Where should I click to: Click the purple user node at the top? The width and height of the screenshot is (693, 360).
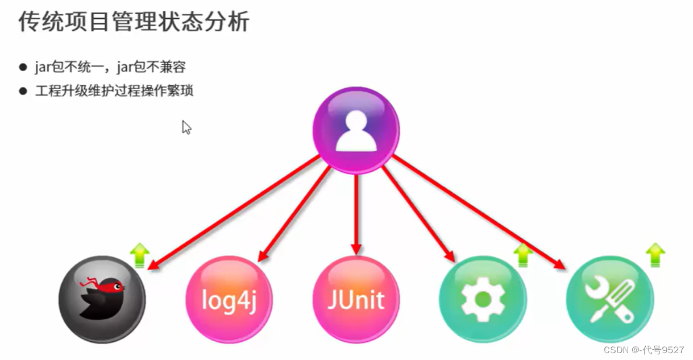pos(356,130)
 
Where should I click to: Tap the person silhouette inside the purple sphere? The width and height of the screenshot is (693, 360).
pos(356,131)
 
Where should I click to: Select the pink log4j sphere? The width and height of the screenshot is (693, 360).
pos(229,299)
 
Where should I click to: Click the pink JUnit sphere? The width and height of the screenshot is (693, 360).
pos(356,299)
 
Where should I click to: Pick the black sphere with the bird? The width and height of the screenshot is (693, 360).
pos(102,299)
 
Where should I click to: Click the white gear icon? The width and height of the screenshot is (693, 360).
pos(483,299)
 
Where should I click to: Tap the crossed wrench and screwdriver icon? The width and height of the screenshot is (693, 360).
pos(609,299)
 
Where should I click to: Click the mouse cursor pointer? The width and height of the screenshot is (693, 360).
pos(186,127)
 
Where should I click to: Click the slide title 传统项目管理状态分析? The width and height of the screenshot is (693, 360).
pos(134,23)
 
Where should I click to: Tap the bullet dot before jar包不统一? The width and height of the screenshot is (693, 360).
pos(23,67)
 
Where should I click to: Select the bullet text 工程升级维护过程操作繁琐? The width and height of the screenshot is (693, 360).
pos(114,90)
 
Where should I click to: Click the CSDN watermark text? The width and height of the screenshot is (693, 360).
pos(644,350)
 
